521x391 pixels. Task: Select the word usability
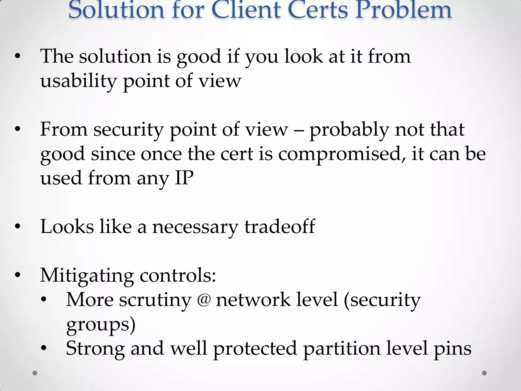[78, 81]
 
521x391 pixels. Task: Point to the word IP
[184, 178]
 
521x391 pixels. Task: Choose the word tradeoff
[280, 227]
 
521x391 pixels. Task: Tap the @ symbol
[204, 300]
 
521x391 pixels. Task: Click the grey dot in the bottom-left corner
[35, 373]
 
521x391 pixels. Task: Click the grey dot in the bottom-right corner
[484, 373]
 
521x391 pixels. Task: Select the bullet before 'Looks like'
[17, 226]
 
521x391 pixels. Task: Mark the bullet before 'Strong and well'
[44, 348]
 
